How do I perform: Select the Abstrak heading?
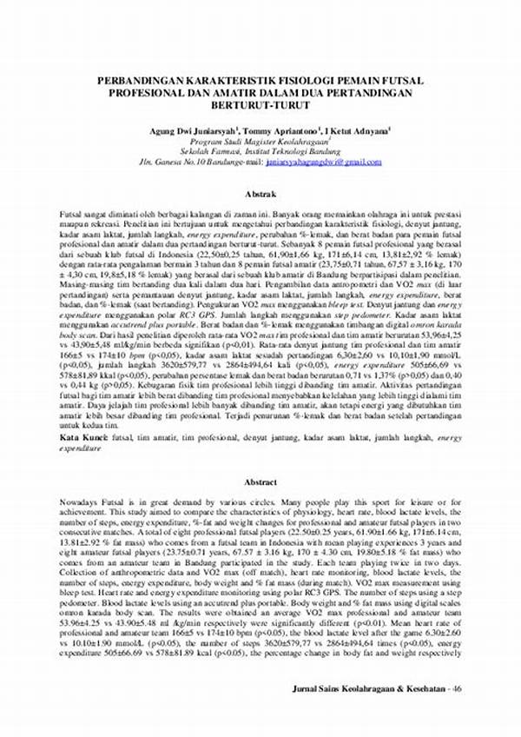(260, 196)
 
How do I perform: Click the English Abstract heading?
(260, 480)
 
